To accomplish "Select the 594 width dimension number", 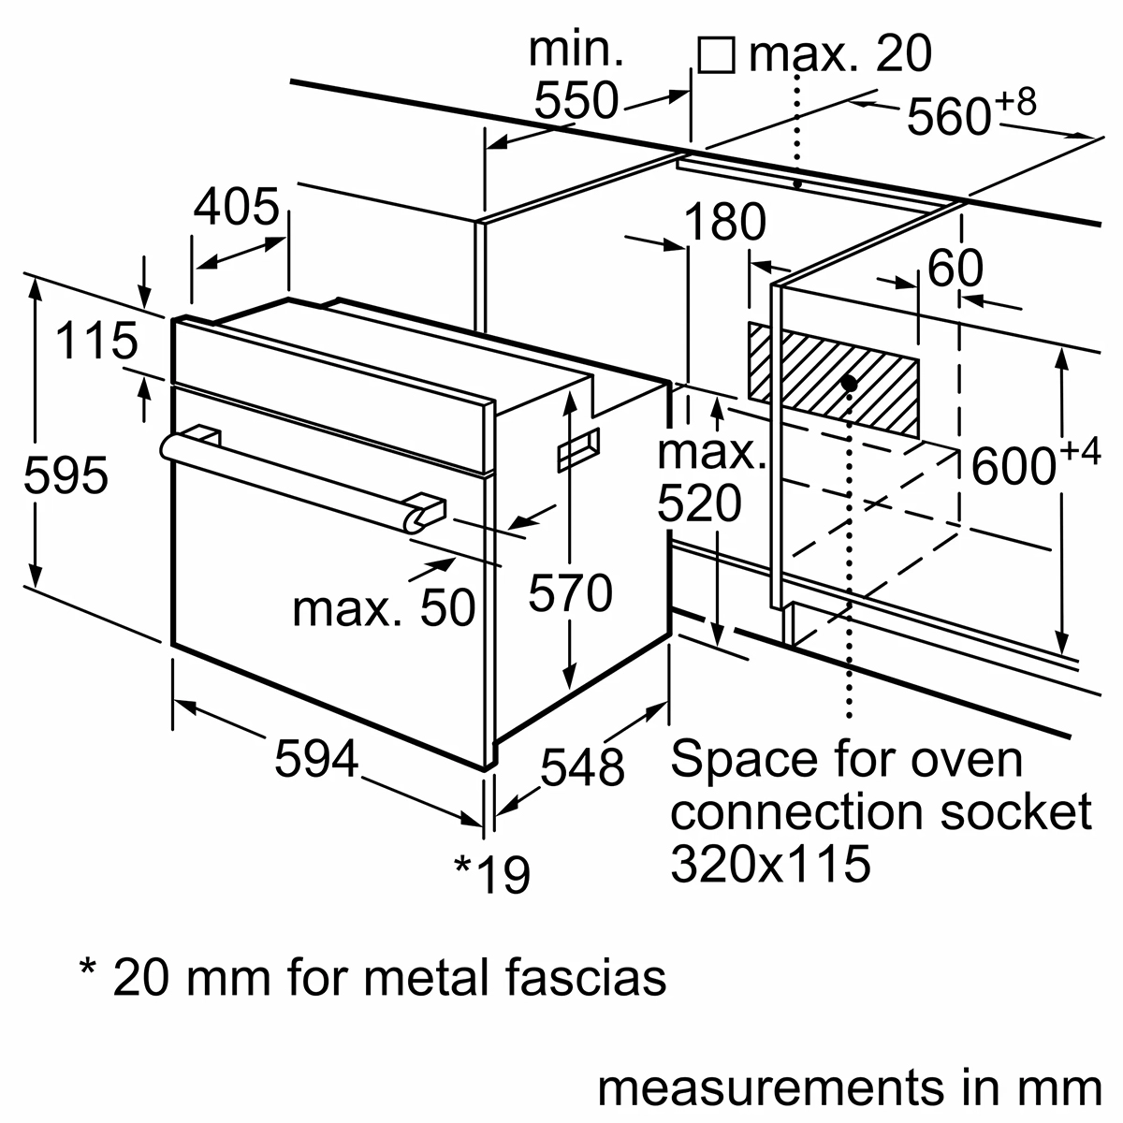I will [x=316, y=759].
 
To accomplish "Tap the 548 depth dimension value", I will [x=581, y=767].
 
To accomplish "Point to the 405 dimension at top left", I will [x=236, y=208].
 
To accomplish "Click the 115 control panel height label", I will [x=96, y=341].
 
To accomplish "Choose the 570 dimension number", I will [x=570, y=593].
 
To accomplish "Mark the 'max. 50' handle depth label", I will [x=384, y=608].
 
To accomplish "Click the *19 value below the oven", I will [x=492, y=874].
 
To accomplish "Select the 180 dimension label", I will [x=724, y=224].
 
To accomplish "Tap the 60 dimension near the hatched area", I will [x=955, y=270].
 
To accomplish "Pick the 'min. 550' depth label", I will [x=576, y=75].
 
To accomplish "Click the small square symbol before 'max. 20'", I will [x=716, y=55].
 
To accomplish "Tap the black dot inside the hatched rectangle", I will [x=849, y=383].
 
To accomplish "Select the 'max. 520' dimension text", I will [x=709, y=478].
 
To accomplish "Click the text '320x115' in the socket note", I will [x=770, y=864].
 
